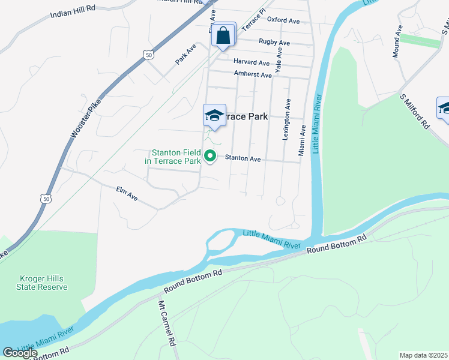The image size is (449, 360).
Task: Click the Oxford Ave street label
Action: click(283, 20)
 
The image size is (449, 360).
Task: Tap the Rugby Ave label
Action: click(274, 43)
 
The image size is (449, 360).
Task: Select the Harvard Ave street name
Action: click(252, 62)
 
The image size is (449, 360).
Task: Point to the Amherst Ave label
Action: click(253, 75)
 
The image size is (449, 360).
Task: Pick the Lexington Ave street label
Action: click(287, 120)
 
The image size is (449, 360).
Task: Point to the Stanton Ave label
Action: click(243, 159)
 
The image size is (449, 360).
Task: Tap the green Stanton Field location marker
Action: click(210, 157)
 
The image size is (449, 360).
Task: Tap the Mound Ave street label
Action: click(397, 41)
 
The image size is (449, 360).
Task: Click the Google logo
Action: click(20, 353)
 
